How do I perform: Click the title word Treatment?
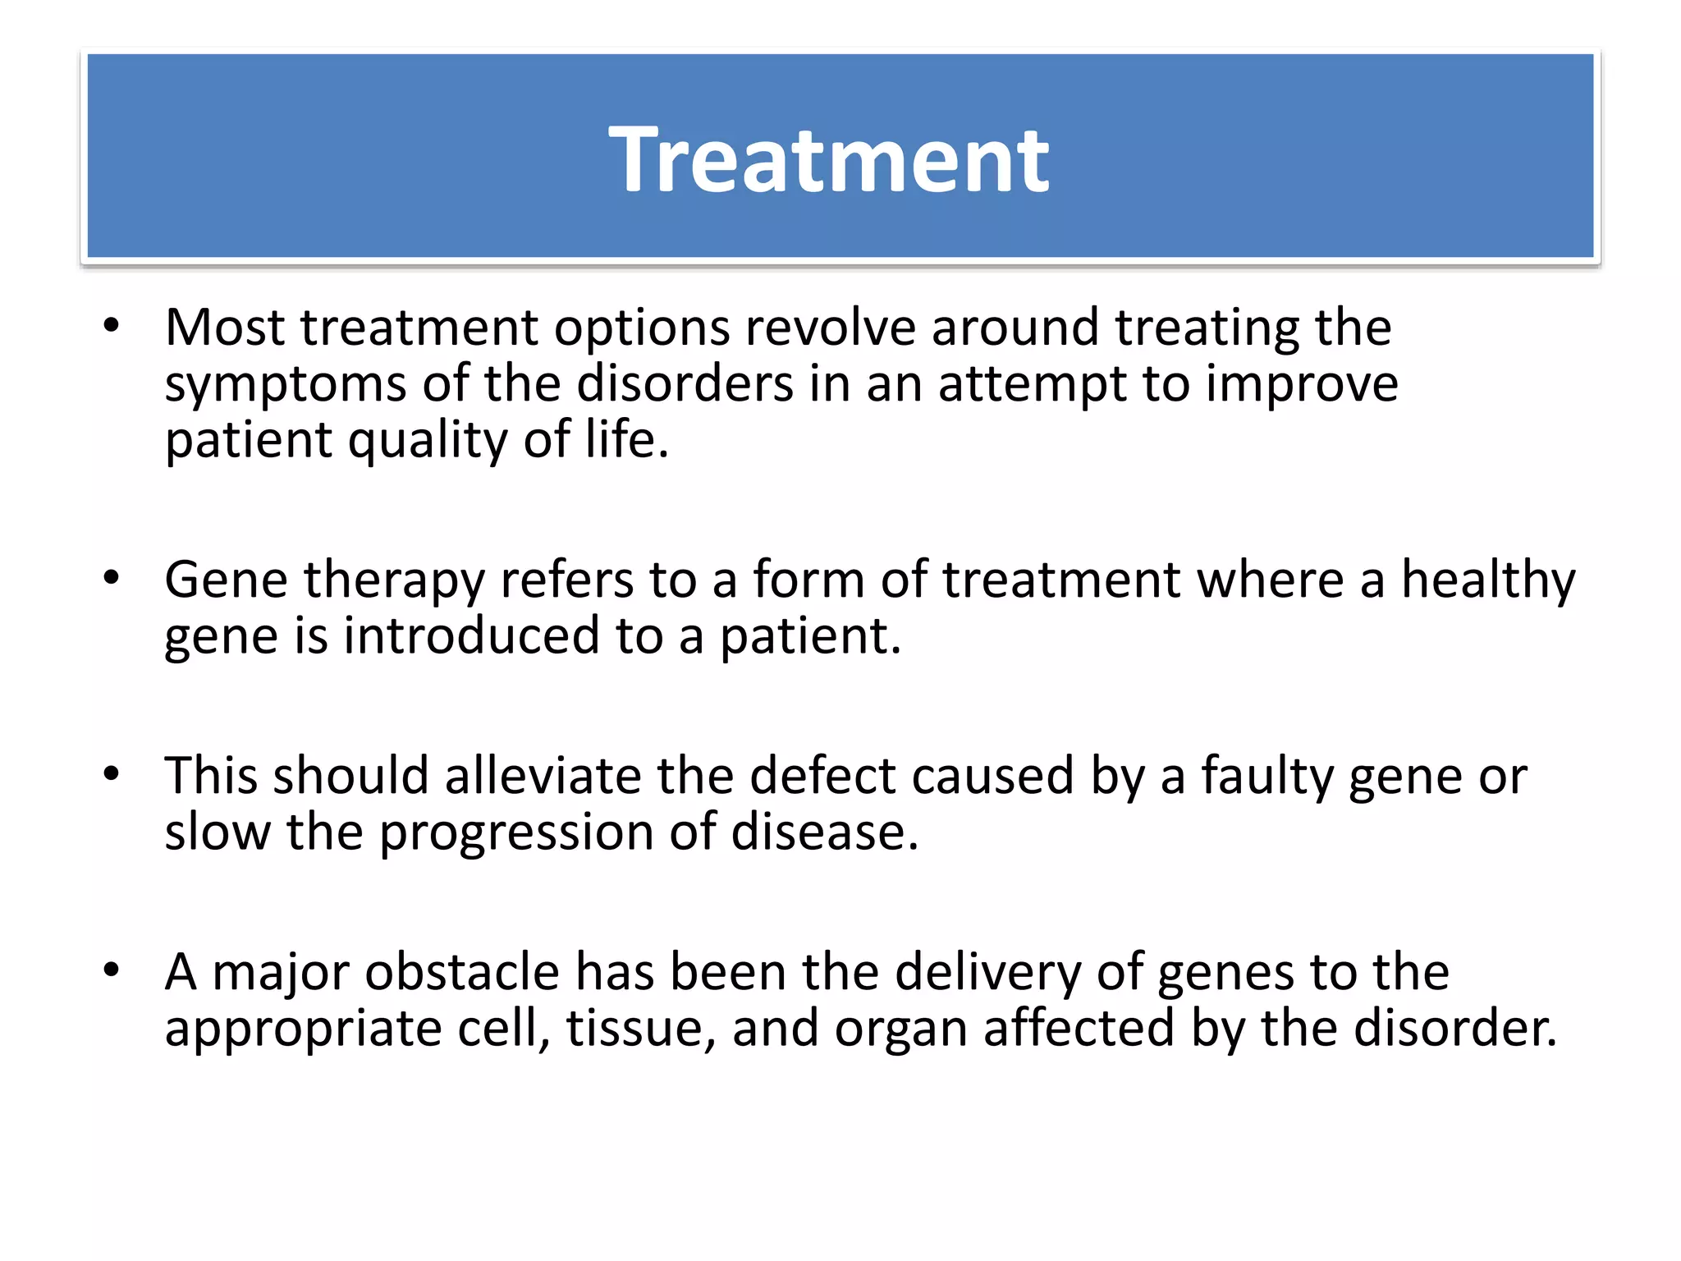point(828,159)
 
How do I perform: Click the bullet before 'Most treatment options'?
point(112,327)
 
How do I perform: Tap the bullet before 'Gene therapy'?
point(112,579)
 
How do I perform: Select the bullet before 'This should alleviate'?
point(112,774)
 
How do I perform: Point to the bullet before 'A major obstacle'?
point(112,970)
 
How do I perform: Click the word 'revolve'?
point(830,328)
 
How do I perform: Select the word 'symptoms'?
point(285,385)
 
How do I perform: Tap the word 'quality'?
point(428,441)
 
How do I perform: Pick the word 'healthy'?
point(1487,580)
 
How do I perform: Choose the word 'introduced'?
point(471,636)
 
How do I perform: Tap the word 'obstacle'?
point(462,972)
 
